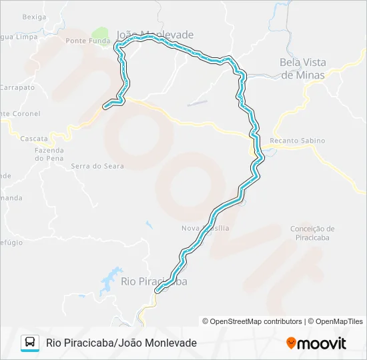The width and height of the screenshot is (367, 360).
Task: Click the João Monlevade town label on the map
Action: tap(155, 35)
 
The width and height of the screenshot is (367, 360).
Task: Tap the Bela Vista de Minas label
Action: tap(302, 69)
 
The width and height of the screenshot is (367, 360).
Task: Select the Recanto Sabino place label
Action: tap(297, 141)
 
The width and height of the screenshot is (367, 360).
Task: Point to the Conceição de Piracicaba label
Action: tap(312, 233)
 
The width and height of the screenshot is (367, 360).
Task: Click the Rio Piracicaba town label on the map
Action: tap(153, 281)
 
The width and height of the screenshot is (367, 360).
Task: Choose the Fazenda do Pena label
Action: tap(49, 154)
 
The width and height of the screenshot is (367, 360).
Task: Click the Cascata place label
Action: tap(34, 139)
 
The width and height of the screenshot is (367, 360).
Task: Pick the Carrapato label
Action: tap(17, 87)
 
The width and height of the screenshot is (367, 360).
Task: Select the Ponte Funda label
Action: tap(87, 41)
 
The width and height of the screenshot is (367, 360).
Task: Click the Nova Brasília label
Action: tap(205, 228)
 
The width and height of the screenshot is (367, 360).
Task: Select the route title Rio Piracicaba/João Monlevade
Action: tap(121, 343)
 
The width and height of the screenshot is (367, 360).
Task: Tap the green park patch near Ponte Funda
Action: tap(100, 33)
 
